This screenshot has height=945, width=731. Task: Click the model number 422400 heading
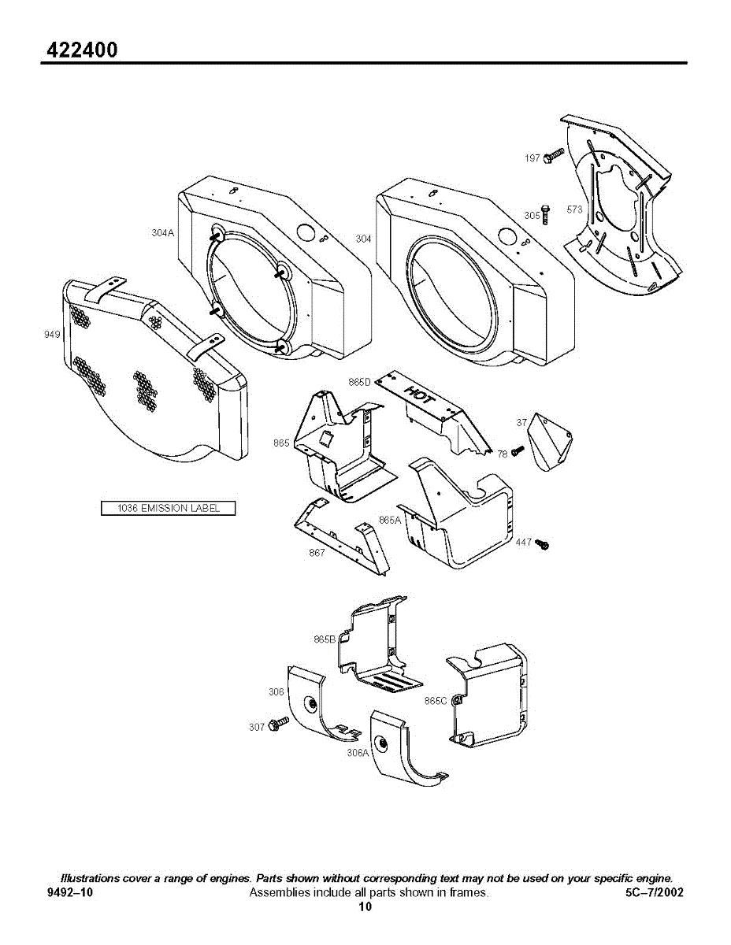(82, 50)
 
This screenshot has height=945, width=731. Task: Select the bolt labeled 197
(555, 154)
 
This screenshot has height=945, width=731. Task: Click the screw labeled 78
(518, 451)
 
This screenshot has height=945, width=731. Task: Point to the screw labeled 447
(542, 544)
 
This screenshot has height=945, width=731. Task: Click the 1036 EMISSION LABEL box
(169, 508)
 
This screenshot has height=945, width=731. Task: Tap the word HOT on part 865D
(418, 395)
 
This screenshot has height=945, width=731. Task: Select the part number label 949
(52, 335)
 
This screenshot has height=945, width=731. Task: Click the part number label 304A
(162, 233)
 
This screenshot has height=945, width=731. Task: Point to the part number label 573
(574, 210)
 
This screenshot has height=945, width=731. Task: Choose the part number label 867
(317, 552)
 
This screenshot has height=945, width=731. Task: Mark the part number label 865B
(325, 639)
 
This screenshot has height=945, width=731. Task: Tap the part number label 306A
(358, 752)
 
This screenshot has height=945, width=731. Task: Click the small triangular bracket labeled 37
(550, 443)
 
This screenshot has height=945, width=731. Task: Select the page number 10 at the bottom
(365, 906)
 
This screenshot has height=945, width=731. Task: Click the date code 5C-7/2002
(652, 892)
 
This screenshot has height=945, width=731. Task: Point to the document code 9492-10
(70, 892)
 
